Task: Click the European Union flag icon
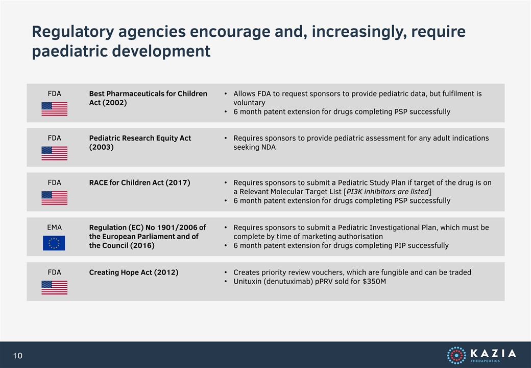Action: tap(54, 243)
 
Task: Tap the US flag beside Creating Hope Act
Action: tap(54, 287)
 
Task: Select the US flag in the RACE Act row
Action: tap(54, 198)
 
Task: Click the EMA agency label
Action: tap(54, 227)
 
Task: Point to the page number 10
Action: tap(17, 355)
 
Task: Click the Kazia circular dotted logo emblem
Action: tap(456, 355)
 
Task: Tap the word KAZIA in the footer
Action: tap(493, 353)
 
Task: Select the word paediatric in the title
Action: tap(69, 52)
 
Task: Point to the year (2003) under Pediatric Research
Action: tap(101, 147)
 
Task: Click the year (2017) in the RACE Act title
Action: tap(178, 182)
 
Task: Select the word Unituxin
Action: tap(247, 281)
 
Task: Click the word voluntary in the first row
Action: tap(249, 103)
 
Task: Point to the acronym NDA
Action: tap(268, 147)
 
